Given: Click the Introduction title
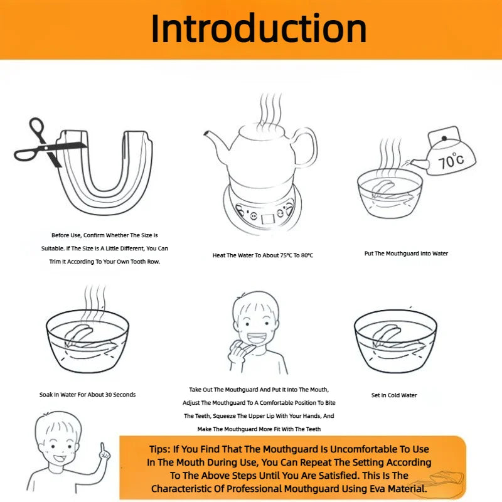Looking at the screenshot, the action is (x=259, y=29).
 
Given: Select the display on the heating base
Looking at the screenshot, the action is (x=268, y=219).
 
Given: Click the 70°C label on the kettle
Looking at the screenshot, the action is (x=451, y=161).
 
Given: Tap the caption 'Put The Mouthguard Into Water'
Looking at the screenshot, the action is (x=406, y=254).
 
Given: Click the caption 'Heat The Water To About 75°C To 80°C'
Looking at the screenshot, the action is (x=263, y=255).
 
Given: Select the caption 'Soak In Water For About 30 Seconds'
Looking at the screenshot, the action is (x=87, y=395).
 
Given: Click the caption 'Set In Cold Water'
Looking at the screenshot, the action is (x=394, y=395).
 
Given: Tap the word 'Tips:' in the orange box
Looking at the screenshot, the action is (x=159, y=449).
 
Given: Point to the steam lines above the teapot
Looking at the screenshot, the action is (x=271, y=109).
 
